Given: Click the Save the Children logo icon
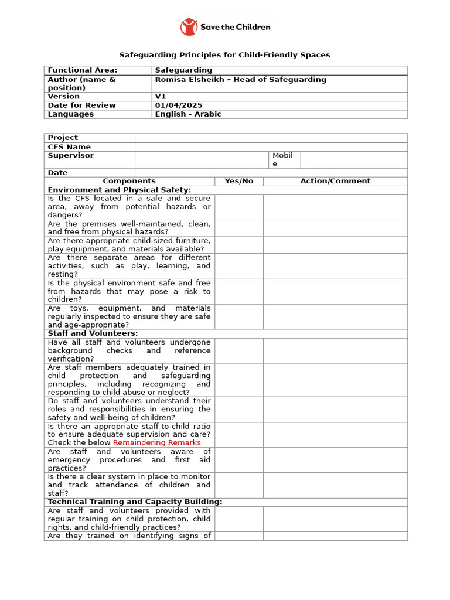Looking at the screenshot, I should [189, 27].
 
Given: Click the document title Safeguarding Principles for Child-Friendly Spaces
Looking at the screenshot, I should [224, 55].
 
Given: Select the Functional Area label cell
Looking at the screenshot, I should [82, 70].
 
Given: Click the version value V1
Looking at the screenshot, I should [161, 97].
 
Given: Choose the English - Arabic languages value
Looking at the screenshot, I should [188, 114].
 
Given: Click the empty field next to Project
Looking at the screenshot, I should [271, 138].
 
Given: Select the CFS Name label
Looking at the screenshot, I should [69, 147].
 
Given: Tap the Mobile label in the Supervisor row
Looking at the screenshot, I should [282, 159].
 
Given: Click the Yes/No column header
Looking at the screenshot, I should [239, 181].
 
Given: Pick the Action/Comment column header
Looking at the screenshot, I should [335, 181].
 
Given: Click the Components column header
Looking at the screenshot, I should [129, 181].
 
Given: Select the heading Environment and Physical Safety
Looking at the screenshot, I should [120, 190].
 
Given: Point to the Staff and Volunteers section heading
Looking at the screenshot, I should [93, 333].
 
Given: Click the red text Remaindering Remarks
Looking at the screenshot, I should [156, 442].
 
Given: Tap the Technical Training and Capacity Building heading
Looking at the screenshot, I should [135, 502].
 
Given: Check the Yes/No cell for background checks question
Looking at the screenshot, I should [238, 350].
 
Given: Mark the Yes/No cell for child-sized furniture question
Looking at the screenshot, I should [238, 245].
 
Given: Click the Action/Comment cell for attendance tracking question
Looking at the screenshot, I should [335, 485].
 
